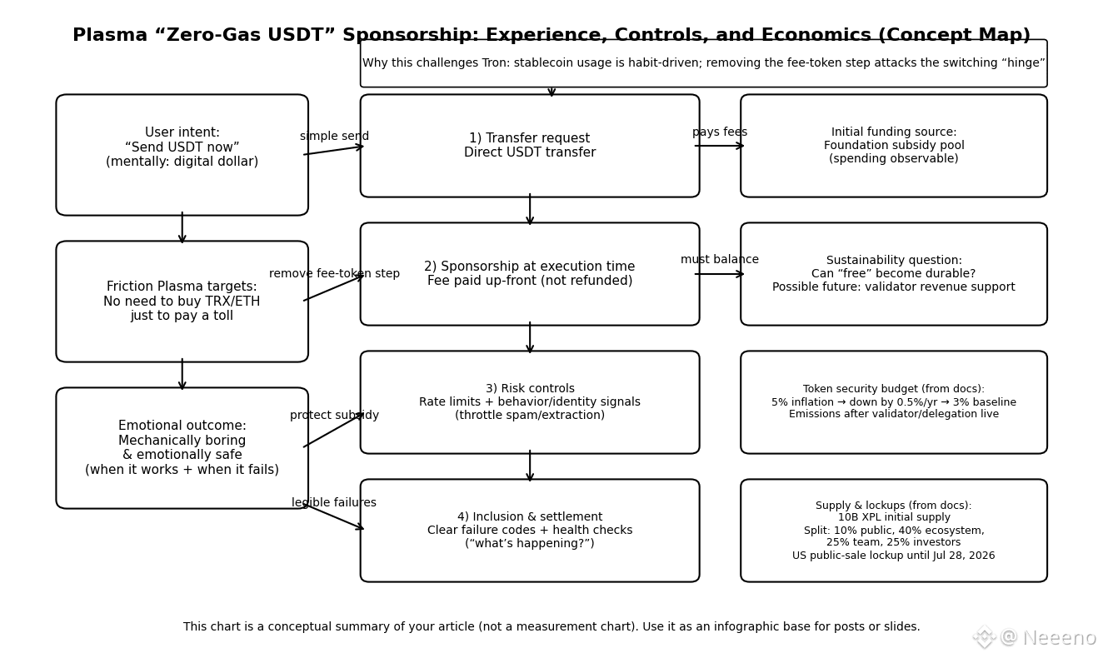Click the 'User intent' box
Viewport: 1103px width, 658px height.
click(x=182, y=155)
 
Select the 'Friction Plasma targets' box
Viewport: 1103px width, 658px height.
click(x=182, y=302)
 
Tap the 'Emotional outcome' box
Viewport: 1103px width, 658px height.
click(x=182, y=448)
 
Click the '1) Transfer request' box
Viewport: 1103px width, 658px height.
click(x=530, y=146)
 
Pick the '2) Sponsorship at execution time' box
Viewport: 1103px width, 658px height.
click(x=530, y=274)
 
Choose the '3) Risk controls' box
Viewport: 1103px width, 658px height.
click(x=530, y=402)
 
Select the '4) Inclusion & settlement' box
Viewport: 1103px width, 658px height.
click(x=530, y=531)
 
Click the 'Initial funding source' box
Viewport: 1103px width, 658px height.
click(x=894, y=146)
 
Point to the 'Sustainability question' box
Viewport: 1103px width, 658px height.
click(x=894, y=274)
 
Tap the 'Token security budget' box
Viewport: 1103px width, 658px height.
click(x=894, y=402)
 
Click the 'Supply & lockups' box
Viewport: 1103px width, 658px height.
click(x=894, y=531)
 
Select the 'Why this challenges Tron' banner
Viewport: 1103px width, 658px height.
click(x=704, y=63)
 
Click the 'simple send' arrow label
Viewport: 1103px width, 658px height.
click(x=334, y=137)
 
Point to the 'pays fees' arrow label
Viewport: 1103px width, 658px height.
click(x=720, y=132)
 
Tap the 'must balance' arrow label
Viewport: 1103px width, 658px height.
click(x=720, y=260)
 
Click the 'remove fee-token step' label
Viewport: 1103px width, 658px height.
click(x=334, y=274)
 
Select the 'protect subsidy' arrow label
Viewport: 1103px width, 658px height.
click(x=334, y=416)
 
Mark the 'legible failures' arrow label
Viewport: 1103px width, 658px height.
click(x=334, y=503)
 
